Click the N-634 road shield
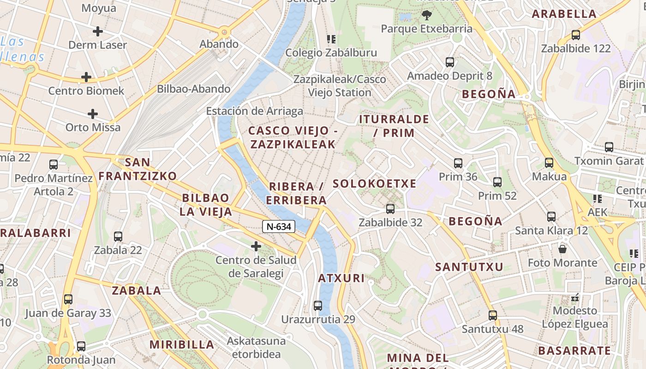279,226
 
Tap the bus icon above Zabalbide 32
390,208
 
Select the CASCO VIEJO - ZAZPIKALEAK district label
293,137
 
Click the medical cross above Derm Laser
97,31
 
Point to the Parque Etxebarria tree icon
426,15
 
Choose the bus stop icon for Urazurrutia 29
317,305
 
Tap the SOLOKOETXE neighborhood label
374,184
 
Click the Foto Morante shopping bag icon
562,249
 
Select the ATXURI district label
341,278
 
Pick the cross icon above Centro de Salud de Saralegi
256,246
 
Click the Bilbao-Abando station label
194,89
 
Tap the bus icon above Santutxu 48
493,315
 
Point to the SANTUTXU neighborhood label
469,267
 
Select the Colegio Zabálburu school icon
331,39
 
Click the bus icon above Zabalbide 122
575,35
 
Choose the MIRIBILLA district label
182,345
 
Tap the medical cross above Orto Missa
93,113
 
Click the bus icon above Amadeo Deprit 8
449,62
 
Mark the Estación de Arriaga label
254,111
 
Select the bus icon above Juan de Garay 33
68,299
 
